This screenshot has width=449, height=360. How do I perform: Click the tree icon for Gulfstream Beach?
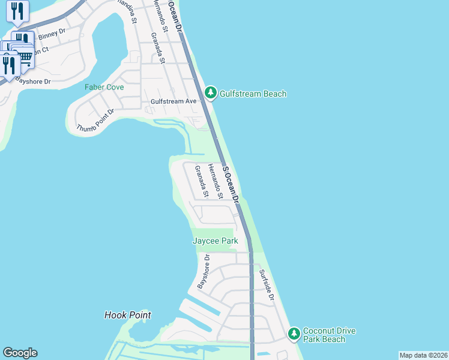click(210, 92)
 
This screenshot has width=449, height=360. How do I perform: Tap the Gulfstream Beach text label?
click(253, 94)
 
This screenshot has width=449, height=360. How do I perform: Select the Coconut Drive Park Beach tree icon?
click(294, 333)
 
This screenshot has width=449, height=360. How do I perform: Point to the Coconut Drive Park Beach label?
click(329, 335)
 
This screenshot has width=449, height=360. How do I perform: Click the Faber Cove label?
click(104, 87)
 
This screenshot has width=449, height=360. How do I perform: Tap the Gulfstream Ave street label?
click(173, 101)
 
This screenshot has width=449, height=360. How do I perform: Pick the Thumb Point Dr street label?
click(95, 121)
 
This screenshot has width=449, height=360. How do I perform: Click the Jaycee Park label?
click(215, 241)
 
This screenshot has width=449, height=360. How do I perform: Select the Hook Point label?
click(127, 315)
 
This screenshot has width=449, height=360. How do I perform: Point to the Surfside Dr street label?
click(267, 284)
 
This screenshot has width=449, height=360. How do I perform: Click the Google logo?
click(20, 353)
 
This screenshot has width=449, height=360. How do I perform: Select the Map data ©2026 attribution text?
click(423, 355)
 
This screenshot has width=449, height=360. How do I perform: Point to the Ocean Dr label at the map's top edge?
click(175, 15)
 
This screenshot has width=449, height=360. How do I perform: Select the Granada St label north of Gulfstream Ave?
click(158, 44)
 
